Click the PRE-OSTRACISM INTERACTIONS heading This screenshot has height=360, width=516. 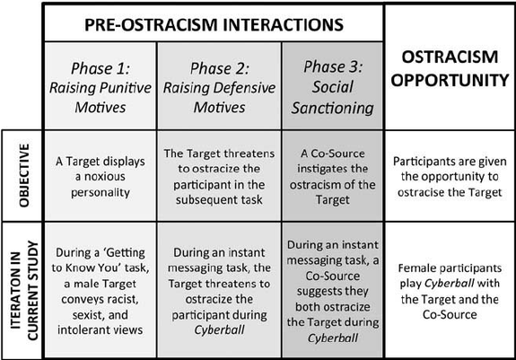214,25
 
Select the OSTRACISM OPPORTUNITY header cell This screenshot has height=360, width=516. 450,68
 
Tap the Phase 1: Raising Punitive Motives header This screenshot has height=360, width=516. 101,88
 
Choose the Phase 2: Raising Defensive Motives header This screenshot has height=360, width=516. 220,88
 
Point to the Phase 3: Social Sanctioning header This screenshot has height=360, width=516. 332,87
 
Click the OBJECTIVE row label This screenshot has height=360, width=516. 24,175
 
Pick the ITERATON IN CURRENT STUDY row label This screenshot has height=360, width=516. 24,291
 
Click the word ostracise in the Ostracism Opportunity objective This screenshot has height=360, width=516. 421,192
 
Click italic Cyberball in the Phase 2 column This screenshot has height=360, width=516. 219,330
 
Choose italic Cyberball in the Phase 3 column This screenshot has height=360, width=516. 333,338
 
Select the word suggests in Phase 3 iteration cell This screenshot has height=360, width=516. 332,291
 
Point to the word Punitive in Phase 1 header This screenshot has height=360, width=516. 126,88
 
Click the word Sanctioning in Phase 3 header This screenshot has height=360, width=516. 332,108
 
